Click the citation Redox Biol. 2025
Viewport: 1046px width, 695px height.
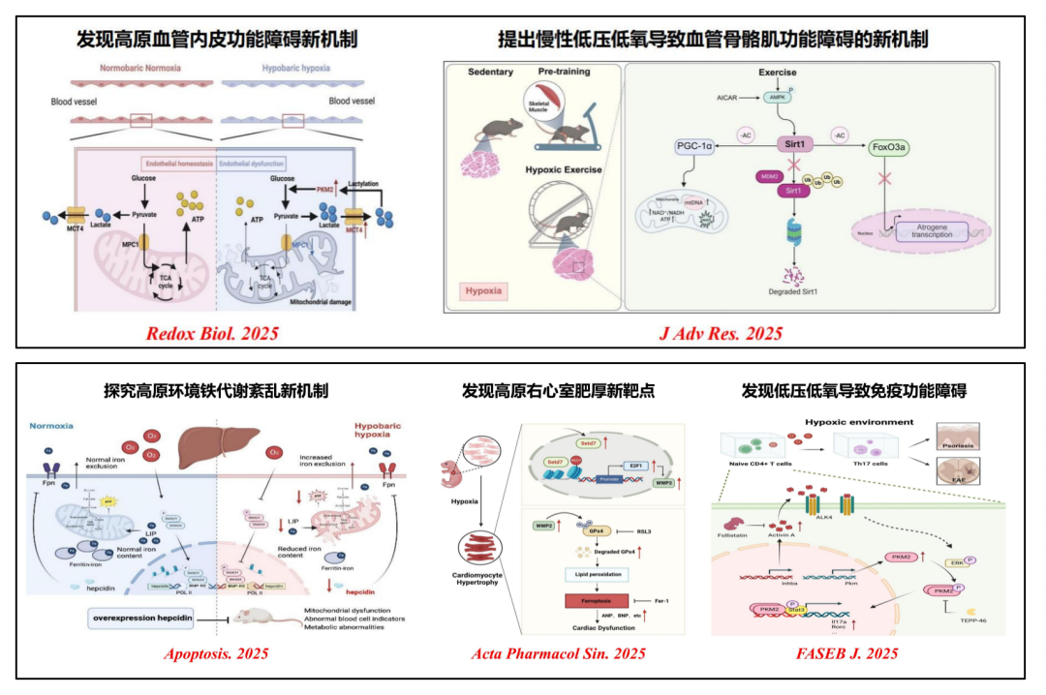click(x=212, y=334)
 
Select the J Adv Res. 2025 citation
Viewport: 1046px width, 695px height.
click(x=721, y=334)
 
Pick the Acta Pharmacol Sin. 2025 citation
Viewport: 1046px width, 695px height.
click(x=545, y=653)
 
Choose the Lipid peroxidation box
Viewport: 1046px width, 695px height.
click(x=590, y=573)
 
